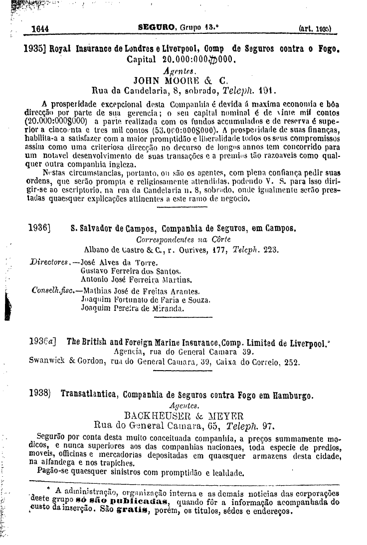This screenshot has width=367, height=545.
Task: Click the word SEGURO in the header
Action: click(157, 28)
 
